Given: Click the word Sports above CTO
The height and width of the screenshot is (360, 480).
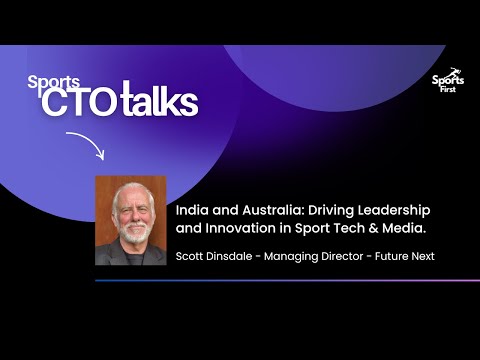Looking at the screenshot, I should (46, 83).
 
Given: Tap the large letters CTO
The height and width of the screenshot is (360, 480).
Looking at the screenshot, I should (83, 104).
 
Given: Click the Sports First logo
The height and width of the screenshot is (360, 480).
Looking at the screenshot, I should (447, 87).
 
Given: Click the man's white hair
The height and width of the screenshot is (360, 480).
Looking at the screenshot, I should (130, 189).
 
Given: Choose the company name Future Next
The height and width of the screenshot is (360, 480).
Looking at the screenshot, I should (405, 257).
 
